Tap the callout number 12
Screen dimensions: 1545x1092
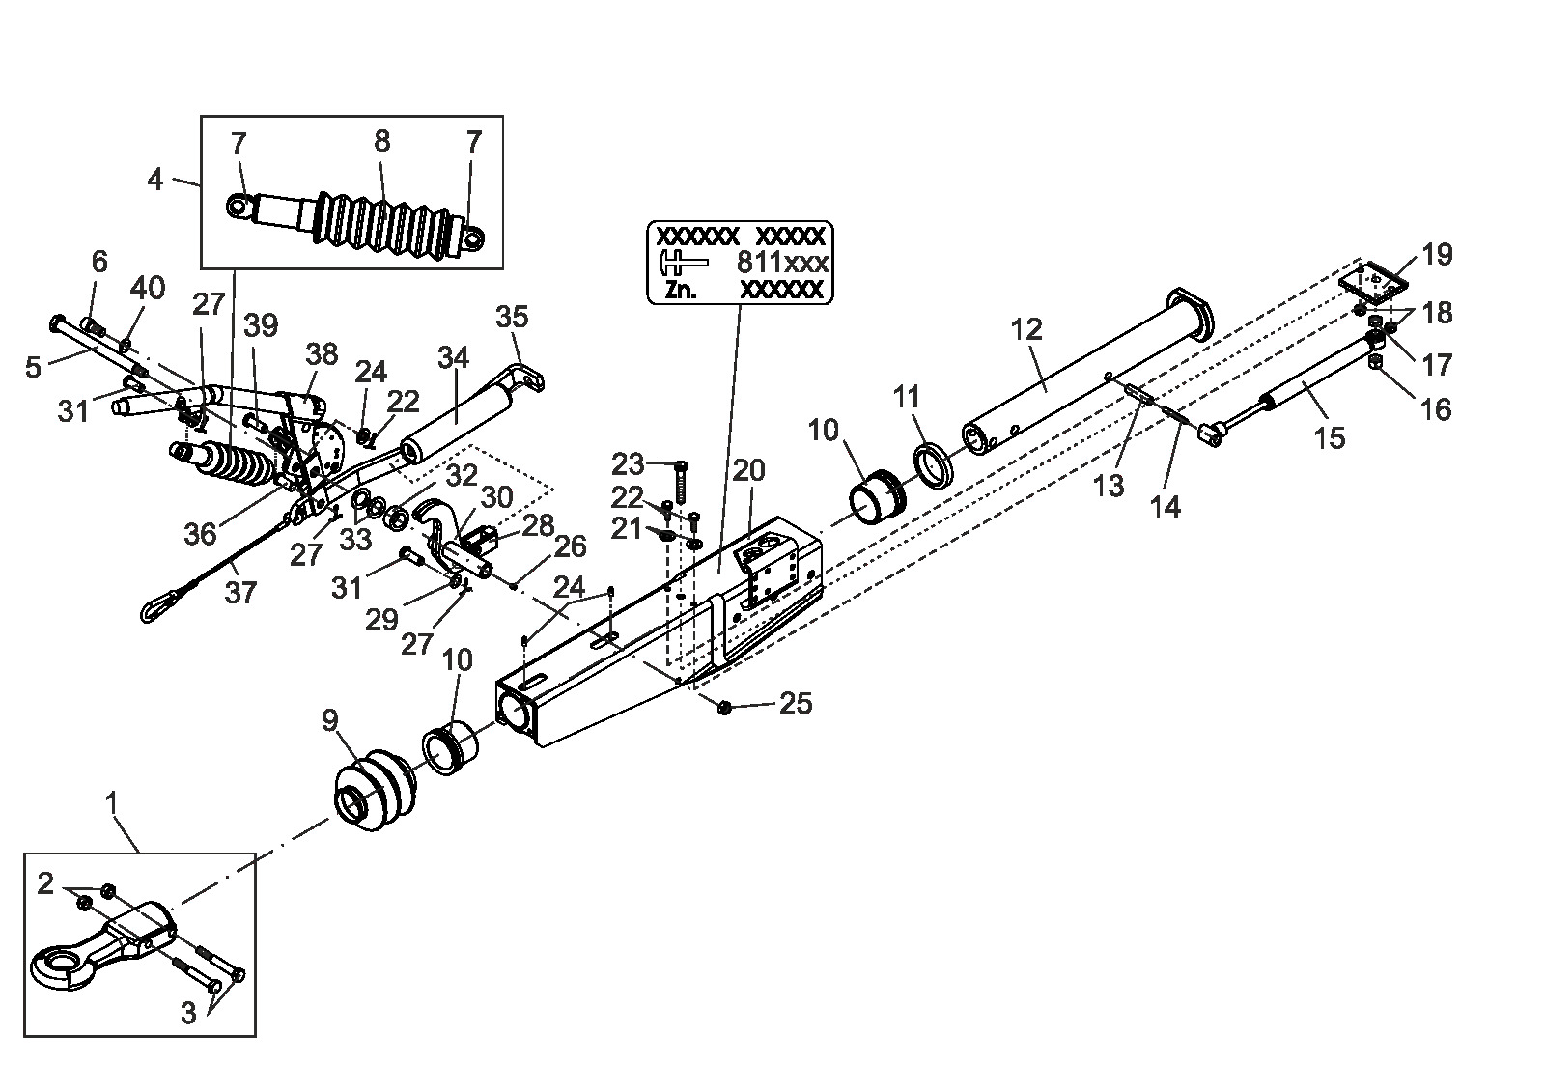coord(1026,330)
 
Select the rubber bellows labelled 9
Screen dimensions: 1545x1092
coord(375,789)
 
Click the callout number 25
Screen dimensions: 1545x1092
coord(796,704)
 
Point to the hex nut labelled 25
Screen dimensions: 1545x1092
coord(724,707)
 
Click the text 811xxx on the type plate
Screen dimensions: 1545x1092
coord(782,262)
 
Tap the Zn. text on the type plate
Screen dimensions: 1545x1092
coord(681,290)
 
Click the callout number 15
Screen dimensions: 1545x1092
coord(1329,438)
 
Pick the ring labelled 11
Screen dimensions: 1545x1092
coord(933,467)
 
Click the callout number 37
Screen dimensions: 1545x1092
coord(240,593)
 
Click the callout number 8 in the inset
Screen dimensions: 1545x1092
coord(382,141)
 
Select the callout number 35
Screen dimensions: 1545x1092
coord(512,317)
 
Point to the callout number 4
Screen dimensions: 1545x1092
coord(155,180)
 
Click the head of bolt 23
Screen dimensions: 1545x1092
coord(680,466)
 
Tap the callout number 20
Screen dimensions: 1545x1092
coord(748,470)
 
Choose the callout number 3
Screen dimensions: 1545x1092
coord(189,1013)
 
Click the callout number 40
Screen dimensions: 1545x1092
coord(149,289)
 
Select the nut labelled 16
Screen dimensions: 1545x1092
coord(1375,361)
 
